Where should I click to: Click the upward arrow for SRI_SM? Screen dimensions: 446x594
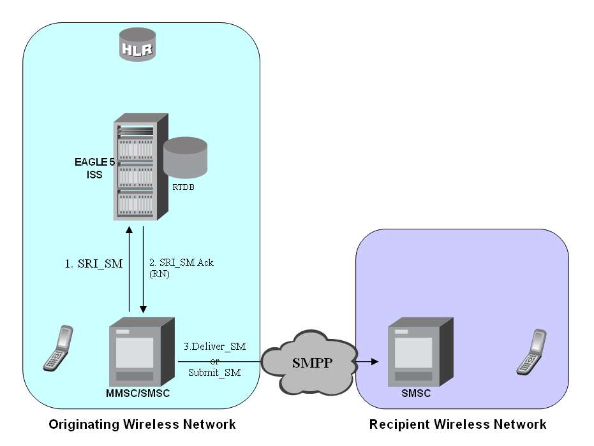[x=130, y=268]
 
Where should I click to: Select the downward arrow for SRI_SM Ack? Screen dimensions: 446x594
[x=144, y=268]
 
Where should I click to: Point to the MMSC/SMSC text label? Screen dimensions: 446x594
[x=138, y=394]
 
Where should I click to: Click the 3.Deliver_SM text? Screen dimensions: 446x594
[x=214, y=347]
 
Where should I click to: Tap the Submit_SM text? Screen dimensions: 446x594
[x=214, y=373]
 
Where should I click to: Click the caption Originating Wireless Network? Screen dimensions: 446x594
[x=142, y=424]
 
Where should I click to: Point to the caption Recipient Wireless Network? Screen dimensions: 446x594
[x=457, y=424]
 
